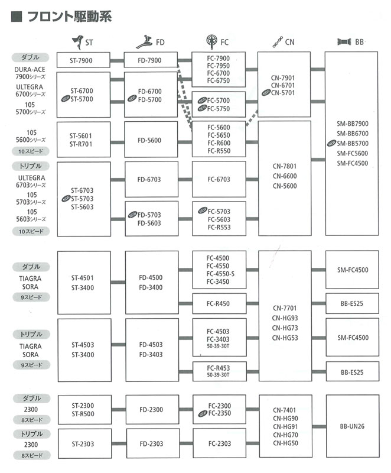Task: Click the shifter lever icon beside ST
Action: pos(78,42)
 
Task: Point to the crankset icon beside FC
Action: pos(212,41)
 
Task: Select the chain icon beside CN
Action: pos(278,42)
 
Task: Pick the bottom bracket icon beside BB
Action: pos(344,41)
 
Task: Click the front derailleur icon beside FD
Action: pos(144,42)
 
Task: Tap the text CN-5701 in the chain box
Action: pos(283,93)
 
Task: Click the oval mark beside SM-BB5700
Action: pos(332,143)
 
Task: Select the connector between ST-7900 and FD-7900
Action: pos(117,61)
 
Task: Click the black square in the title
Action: pos(17,17)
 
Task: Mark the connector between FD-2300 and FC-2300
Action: pos(186,409)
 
